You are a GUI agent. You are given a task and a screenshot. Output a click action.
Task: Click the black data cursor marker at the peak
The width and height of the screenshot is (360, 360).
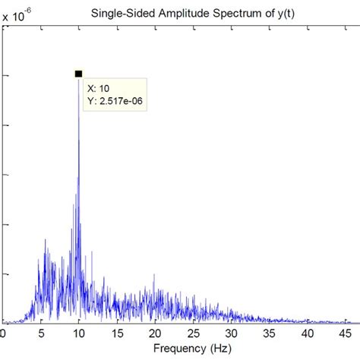point(78,74)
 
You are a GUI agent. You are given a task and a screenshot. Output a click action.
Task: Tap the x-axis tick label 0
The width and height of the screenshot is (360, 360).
point(3,333)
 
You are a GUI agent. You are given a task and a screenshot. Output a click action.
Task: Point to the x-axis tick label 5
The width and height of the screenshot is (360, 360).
point(41,333)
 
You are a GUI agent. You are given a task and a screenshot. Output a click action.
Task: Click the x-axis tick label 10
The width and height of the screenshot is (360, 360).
point(78,333)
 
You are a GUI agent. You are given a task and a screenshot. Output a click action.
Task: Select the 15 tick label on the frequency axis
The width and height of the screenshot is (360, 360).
point(117,333)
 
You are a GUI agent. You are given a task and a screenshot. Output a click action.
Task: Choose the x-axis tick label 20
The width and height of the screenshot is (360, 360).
point(156,333)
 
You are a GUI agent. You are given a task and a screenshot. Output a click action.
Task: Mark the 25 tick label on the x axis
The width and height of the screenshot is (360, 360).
point(194,333)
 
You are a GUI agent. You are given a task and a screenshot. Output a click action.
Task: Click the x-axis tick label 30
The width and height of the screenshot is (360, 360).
point(232,333)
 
